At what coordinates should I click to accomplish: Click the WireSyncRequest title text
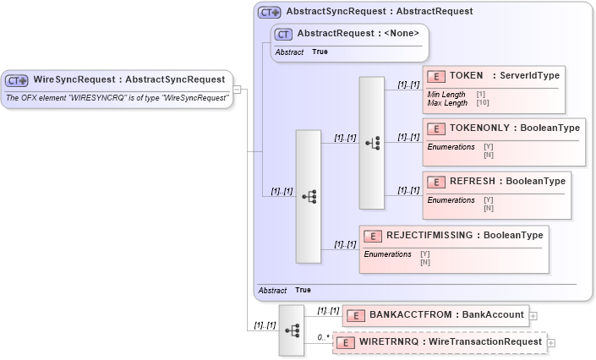tap(128, 79)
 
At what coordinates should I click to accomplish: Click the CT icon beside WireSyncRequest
tap(17, 80)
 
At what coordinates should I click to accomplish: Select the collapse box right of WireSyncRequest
tap(238, 88)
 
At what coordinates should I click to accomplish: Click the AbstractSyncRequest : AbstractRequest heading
tap(380, 12)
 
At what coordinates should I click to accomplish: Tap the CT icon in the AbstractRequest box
tap(284, 34)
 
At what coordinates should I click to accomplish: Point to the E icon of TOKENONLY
tap(436, 128)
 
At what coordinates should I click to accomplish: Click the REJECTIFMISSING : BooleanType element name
tap(464, 235)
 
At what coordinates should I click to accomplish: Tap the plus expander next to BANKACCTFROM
tap(533, 316)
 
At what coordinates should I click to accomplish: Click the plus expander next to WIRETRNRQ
tap(551, 343)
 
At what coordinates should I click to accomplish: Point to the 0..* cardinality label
tap(322, 336)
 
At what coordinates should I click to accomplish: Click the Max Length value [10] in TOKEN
tap(482, 103)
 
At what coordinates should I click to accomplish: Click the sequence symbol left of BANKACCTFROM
tap(291, 330)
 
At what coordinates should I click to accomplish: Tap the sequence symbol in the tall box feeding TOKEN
tap(372, 143)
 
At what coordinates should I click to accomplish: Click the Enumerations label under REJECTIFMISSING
tap(387, 254)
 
